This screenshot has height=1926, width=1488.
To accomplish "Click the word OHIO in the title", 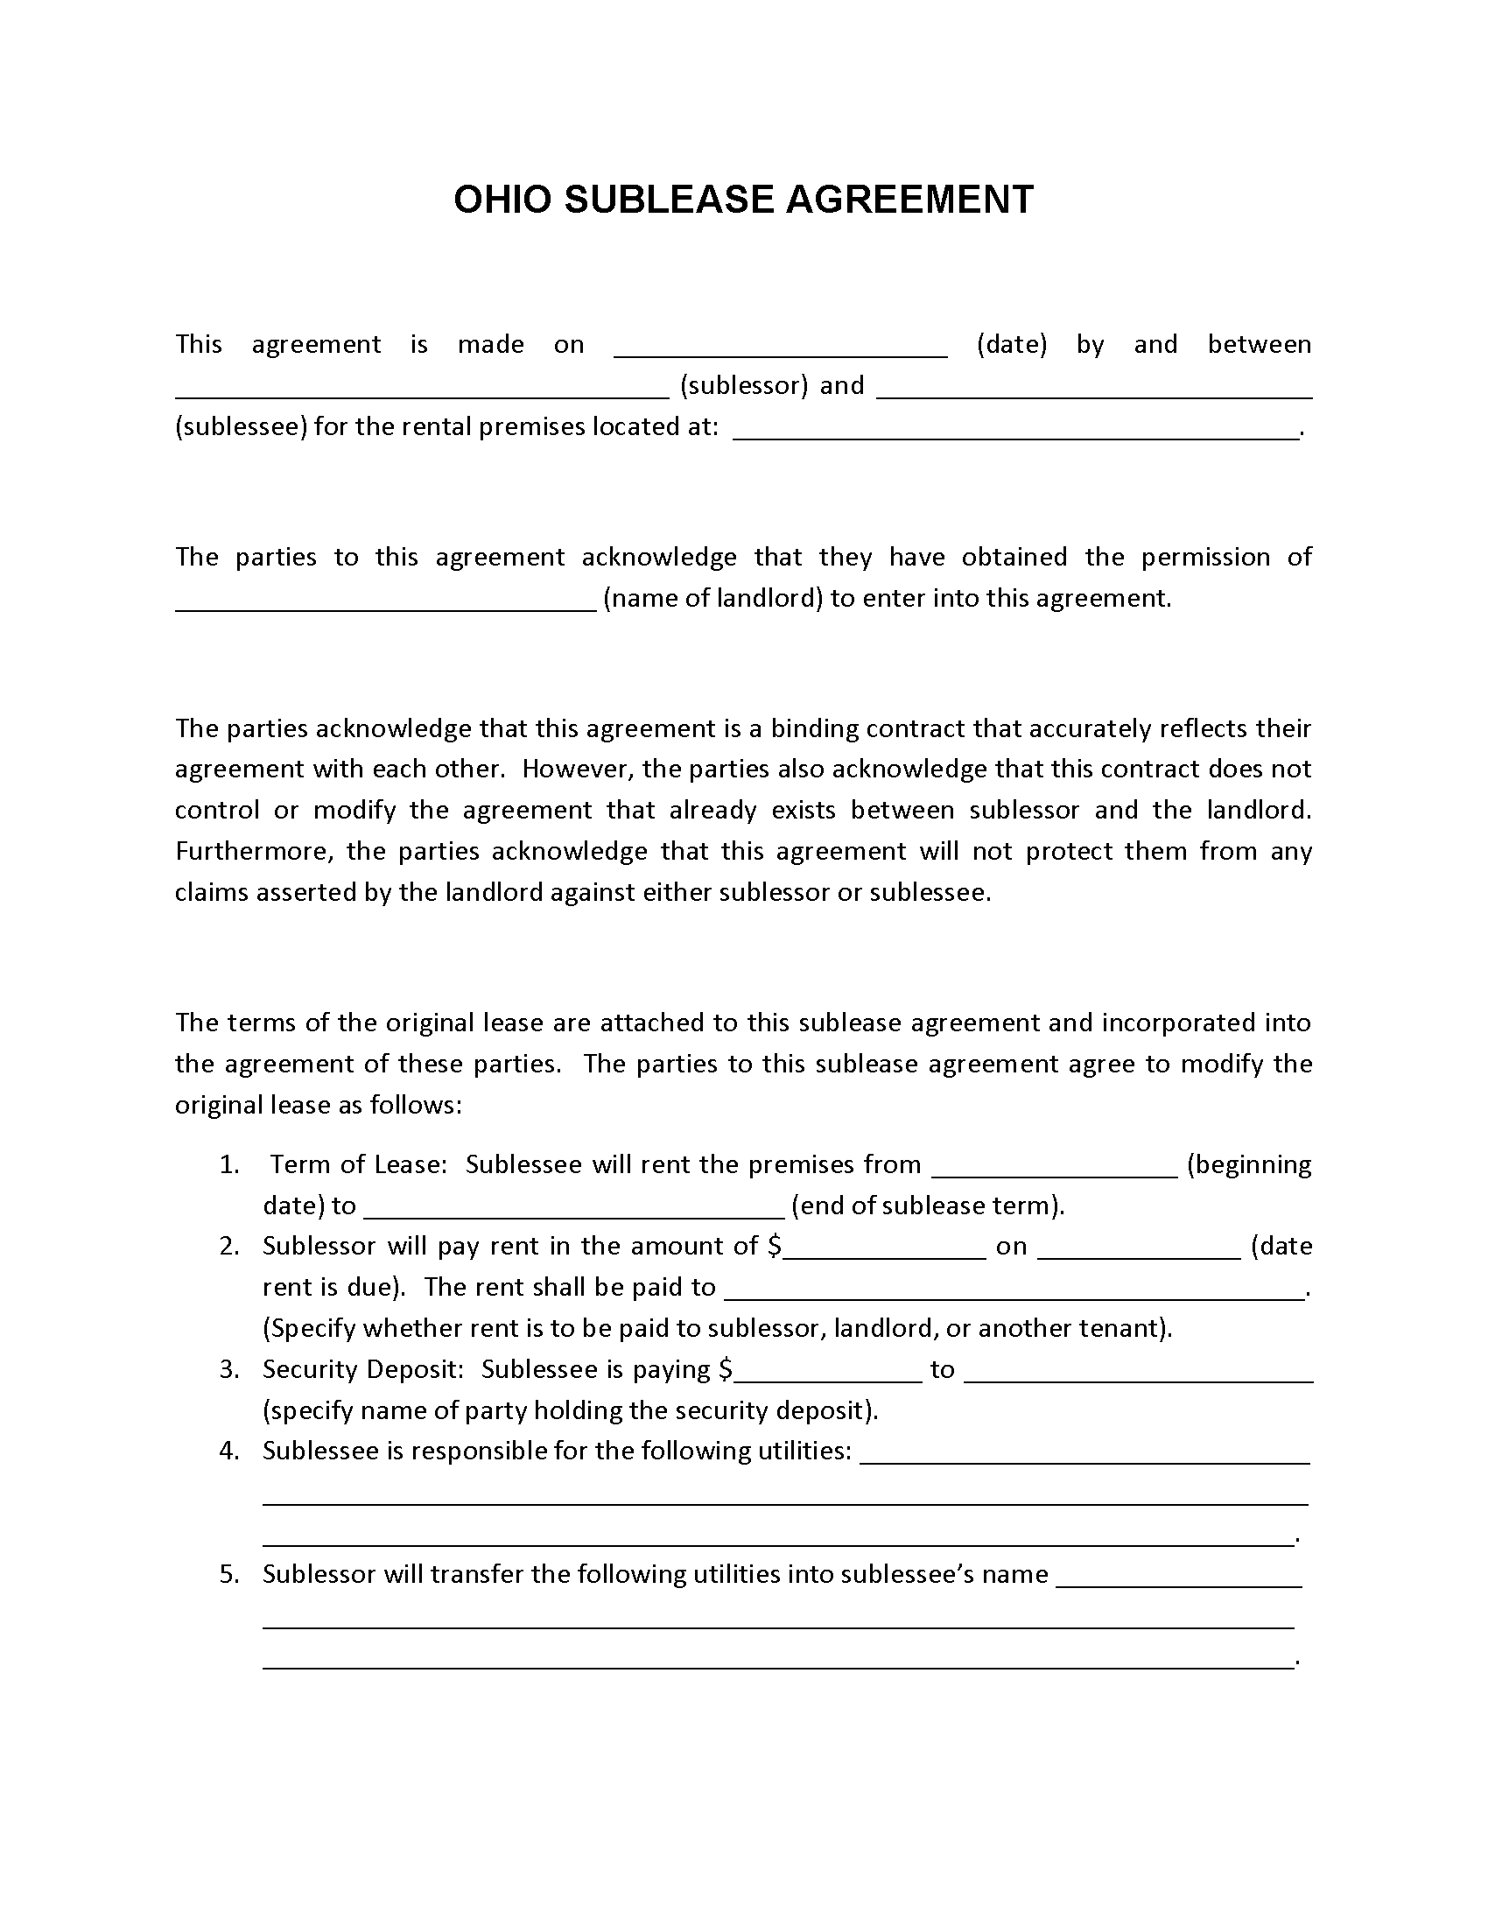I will pyautogui.click(x=502, y=200).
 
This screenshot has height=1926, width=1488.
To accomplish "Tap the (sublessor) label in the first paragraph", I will pyautogui.click(x=744, y=385).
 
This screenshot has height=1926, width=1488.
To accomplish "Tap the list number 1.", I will pyautogui.click(x=228, y=1165).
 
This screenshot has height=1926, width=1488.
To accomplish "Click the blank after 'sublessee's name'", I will pyautogui.click(x=1179, y=1581).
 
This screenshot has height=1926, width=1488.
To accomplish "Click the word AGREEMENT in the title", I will pyautogui.click(x=909, y=200).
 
